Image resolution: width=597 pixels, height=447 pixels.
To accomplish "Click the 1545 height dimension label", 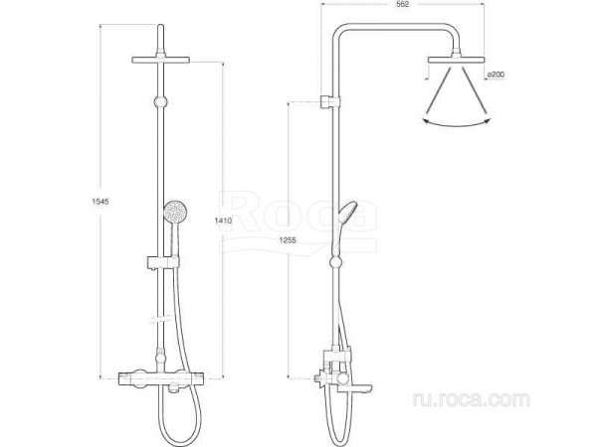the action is tap(100, 202).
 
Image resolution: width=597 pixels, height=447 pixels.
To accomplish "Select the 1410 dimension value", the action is tap(223, 221).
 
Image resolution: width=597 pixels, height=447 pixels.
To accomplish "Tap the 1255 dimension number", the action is tap(288, 239).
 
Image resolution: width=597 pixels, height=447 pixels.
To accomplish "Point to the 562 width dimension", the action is tap(402, 5).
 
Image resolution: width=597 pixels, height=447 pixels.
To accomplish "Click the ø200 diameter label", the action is tap(496, 74).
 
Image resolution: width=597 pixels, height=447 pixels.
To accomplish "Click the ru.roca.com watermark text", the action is tap(471, 399).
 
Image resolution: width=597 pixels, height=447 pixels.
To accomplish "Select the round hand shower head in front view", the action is tap(175, 212).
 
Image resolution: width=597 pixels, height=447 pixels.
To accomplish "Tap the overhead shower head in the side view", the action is tap(456, 59).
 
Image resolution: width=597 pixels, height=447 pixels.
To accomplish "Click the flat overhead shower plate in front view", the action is tap(160, 60).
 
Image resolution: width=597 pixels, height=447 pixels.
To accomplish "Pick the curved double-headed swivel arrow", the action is tap(456, 124).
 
